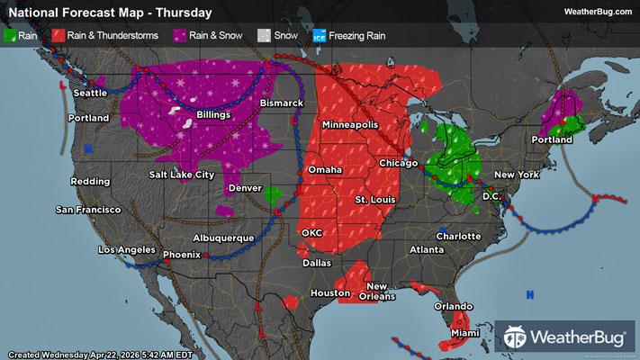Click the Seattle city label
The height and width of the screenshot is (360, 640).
pyautogui.click(x=89, y=93)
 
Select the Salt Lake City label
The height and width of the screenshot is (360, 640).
pyautogui.click(x=181, y=174)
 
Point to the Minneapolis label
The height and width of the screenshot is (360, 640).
pyautogui.click(x=350, y=124)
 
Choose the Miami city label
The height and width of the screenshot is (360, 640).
pyautogui.click(x=466, y=334)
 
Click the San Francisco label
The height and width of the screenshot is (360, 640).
pyautogui.click(x=87, y=210)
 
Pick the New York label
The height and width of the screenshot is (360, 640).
pyautogui.click(x=516, y=174)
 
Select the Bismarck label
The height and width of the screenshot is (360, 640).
pyautogui.click(x=282, y=104)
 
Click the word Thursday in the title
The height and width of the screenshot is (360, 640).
pyautogui.click(x=185, y=13)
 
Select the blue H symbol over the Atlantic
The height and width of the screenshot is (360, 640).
pyautogui.click(x=530, y=294)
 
